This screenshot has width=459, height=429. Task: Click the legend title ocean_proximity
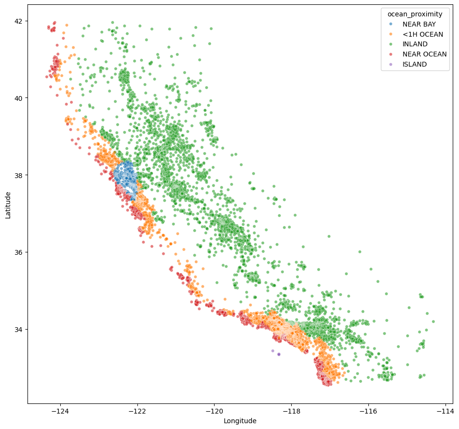coord(415,14)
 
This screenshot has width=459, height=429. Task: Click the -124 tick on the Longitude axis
coord(60,411)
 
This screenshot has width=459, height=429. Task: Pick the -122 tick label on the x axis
coord(137,411)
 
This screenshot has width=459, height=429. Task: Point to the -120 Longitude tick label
coord(214,411)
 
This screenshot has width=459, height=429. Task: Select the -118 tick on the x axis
coord(291,411)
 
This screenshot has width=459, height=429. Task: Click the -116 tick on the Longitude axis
coord(368,411)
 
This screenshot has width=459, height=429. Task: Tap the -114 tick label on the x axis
coord(445,411)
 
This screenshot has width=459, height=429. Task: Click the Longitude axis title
coord(240,421)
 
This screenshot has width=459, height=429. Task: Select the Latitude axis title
coord(8,205)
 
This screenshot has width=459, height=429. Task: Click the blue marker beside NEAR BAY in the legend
coord(391,24)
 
